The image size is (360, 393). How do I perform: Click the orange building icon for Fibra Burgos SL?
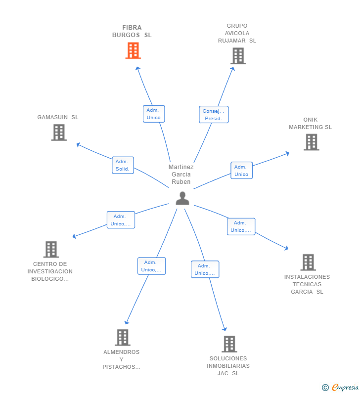coord(133,50)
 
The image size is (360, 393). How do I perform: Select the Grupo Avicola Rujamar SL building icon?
coord(238,56)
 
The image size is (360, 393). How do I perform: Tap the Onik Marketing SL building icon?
coord(311,142)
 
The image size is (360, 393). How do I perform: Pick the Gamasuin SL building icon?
coord(59,132)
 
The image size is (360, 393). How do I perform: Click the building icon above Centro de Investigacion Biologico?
coord(51,249)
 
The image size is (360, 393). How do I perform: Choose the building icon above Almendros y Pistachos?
coord(122,337)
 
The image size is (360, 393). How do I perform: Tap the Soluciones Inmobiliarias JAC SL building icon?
coord(229,344)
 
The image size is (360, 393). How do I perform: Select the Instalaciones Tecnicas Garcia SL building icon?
coord(308,262)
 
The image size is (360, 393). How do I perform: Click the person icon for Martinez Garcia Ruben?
coord(182,198)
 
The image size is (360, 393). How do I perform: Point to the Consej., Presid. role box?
coord(214,115)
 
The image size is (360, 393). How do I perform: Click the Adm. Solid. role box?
coord(123,165)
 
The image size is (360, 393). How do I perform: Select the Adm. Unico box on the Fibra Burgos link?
coord(153,114)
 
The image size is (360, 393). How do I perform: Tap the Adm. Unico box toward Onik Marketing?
coord(241,171)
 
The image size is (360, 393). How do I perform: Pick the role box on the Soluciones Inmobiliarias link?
coord(205,269)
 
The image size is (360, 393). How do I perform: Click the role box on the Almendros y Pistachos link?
coord(151,266)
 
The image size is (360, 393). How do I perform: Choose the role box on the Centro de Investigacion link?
coord(121,220)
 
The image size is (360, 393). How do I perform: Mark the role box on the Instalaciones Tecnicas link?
coord(241,226)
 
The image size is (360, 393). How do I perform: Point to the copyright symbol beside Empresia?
coord(325,388)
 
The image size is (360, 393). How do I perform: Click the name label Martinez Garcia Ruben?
coord(181,175)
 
